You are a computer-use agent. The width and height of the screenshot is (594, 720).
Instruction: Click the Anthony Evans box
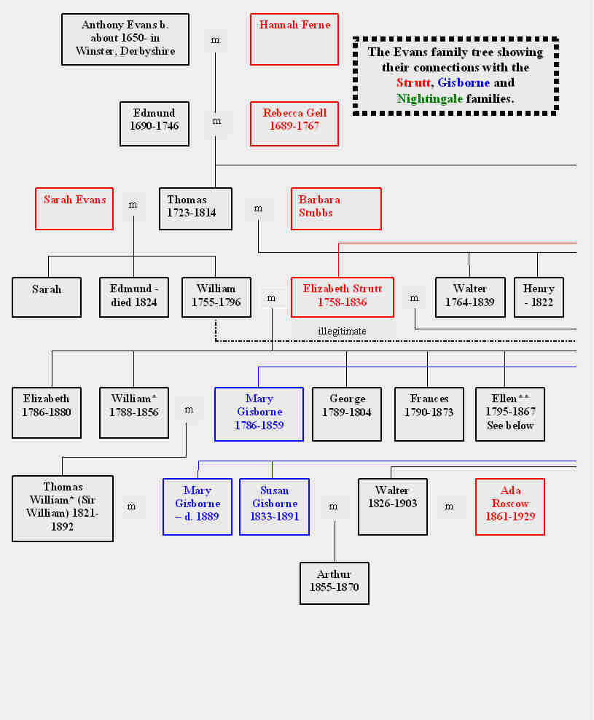pos(125,39)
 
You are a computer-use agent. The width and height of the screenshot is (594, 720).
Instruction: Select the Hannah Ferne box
pos(294,39)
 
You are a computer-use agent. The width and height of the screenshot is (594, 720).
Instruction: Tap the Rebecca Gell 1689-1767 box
pos(294,123)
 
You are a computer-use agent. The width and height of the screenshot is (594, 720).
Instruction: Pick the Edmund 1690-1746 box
pos(155,123)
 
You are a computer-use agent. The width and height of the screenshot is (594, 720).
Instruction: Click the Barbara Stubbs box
pos(336,208)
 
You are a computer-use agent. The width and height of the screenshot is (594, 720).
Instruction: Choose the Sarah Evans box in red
pos(74,208)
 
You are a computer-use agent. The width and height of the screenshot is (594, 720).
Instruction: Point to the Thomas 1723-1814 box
pos(195,208)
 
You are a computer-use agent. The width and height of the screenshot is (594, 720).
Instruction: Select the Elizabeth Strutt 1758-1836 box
pos(342,297)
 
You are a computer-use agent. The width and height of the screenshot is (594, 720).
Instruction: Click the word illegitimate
pos(342,332)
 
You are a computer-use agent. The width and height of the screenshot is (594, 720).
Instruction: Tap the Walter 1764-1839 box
pos(469,297)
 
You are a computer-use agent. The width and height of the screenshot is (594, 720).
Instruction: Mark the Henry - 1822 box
pos(539,297)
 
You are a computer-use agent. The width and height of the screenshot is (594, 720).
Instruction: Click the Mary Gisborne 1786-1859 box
pos(259,414)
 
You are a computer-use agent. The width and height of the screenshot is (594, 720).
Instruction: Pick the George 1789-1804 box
pos(347,414)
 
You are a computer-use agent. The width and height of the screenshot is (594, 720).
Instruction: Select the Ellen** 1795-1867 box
pos(510,414)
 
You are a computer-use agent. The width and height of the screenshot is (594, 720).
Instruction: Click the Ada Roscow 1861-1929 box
pos(510,506)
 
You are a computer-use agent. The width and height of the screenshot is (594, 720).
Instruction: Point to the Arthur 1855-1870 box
pos(335,583)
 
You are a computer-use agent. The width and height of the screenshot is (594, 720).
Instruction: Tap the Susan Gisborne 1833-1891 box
pos(275,506)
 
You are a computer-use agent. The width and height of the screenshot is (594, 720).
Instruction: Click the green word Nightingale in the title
pos(429,98)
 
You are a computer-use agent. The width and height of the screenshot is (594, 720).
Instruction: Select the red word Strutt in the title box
pos(413,83)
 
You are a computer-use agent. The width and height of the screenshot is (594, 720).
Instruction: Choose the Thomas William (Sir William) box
pos(63,509)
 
